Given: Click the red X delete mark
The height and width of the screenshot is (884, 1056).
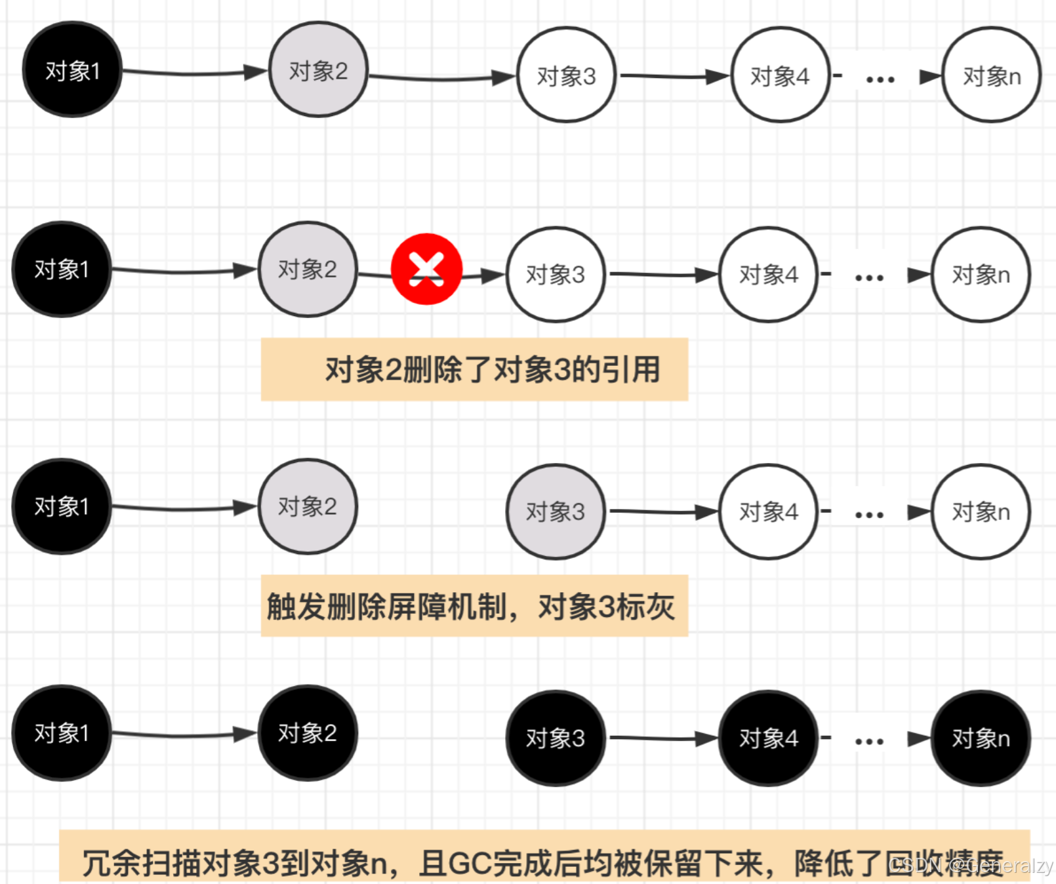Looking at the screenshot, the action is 426,269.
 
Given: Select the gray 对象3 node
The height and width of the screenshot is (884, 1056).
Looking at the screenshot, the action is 555,512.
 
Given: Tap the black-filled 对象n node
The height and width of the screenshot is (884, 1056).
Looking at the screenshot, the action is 981,738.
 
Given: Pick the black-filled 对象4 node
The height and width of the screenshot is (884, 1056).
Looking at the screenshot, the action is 768,738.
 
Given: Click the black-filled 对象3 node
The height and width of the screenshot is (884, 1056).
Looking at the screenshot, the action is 555,738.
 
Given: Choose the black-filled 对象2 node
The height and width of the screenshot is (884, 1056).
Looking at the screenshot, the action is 308,733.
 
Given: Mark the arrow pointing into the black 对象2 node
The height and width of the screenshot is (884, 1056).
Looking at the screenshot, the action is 184,734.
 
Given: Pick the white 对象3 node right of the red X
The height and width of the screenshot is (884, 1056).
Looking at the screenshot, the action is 555,275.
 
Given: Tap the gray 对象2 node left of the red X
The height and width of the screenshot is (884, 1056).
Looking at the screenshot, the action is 308,270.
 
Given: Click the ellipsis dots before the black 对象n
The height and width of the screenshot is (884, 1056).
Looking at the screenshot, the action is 869,742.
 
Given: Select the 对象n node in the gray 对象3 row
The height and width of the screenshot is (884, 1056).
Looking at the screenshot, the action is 981,512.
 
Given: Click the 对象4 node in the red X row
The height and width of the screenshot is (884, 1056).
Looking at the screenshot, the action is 768,275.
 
